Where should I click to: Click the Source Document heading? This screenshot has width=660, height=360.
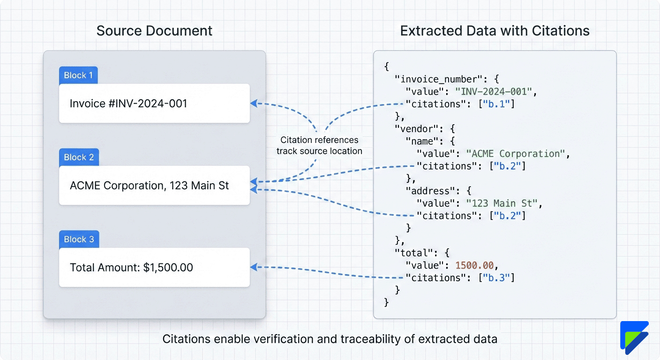(154, 31)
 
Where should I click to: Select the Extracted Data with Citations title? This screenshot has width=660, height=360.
(495, 31)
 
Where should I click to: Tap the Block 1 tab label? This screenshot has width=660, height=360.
(78, 75)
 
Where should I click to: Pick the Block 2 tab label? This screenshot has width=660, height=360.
(78, 157)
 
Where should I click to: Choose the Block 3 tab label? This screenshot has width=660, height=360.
(79, 240)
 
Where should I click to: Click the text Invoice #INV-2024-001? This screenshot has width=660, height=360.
(128, 104)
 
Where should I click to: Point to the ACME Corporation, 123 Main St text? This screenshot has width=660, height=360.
(149, 186)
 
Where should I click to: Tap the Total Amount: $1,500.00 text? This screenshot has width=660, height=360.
(131, 268)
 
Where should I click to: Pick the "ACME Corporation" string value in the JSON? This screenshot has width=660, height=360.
(516, 154)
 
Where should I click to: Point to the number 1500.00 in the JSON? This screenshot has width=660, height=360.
(474, 265)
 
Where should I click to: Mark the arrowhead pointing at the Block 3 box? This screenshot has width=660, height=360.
(253, 267)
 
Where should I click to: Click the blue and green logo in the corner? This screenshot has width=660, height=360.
(634, 337)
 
